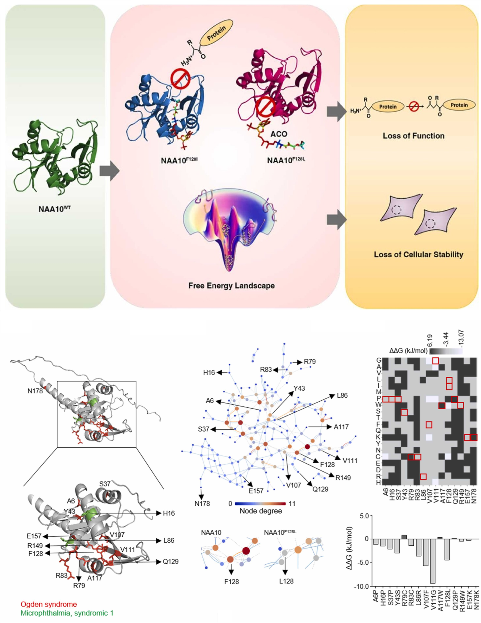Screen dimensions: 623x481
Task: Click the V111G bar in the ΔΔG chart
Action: (433, 561)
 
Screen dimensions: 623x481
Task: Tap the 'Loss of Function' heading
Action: (413, 136)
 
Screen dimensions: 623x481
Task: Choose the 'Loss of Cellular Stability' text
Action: (418, 255)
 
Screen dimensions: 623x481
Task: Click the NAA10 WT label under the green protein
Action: (54, 209)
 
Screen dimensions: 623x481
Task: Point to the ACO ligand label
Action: (279, 134)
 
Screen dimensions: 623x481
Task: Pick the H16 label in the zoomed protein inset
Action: (169, 513)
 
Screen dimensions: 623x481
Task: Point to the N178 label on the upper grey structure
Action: (35, 391)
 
